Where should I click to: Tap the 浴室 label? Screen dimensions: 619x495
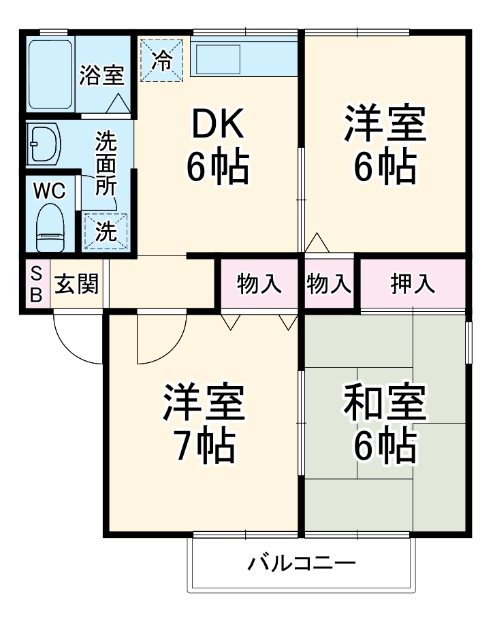coord(101,76)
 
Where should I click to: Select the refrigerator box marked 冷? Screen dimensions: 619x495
coord(162,60)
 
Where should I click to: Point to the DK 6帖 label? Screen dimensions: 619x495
coord(218,146)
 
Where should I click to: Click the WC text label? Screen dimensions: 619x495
coord(50,191)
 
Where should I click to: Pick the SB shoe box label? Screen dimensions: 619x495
coord(37,285)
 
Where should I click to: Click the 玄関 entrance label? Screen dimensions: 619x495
coord(76,285)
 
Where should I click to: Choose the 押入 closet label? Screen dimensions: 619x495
coord(413,285)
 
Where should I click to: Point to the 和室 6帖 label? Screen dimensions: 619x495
coord(385,423)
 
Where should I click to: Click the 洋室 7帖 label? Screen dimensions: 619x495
coord(204,423)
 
